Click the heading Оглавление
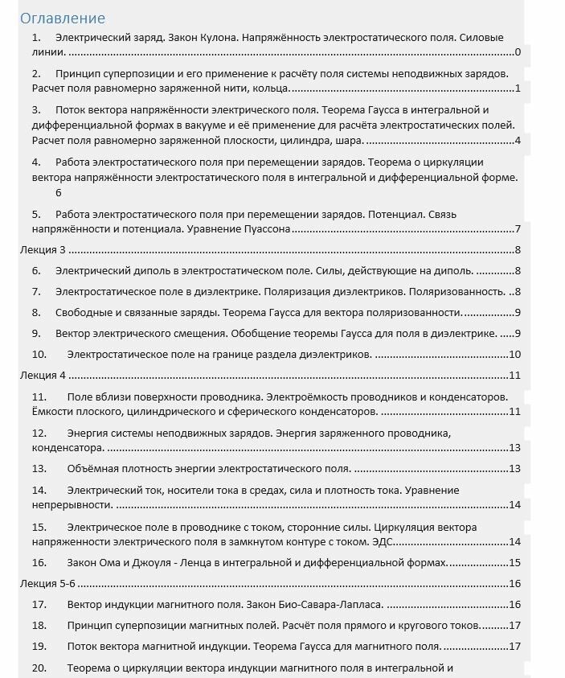(x=62, y=18)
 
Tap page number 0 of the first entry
(x=518, y=52)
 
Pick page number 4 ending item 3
(x=518, y=141)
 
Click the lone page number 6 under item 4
(x=58, y=193)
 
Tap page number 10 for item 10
(x=515, y=354)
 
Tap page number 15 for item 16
(x=515, y=562)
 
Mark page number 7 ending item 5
(x=518, y=229)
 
